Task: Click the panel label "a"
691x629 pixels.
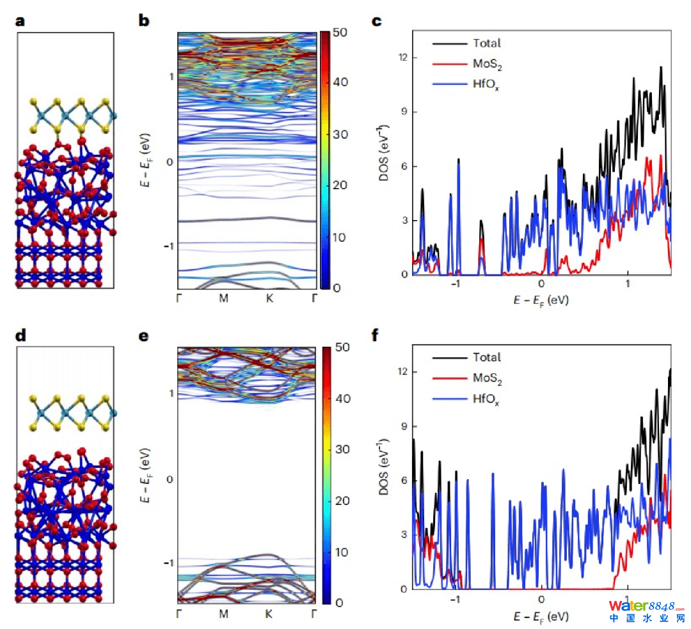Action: click(21, 20)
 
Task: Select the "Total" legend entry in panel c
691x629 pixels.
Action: click(486, 43)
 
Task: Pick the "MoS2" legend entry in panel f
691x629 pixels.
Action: click(488, 380)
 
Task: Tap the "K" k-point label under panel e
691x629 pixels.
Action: click(269, 614)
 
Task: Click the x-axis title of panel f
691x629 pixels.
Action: click(541, 617)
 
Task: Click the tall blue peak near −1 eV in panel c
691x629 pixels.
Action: click(458, 163)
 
